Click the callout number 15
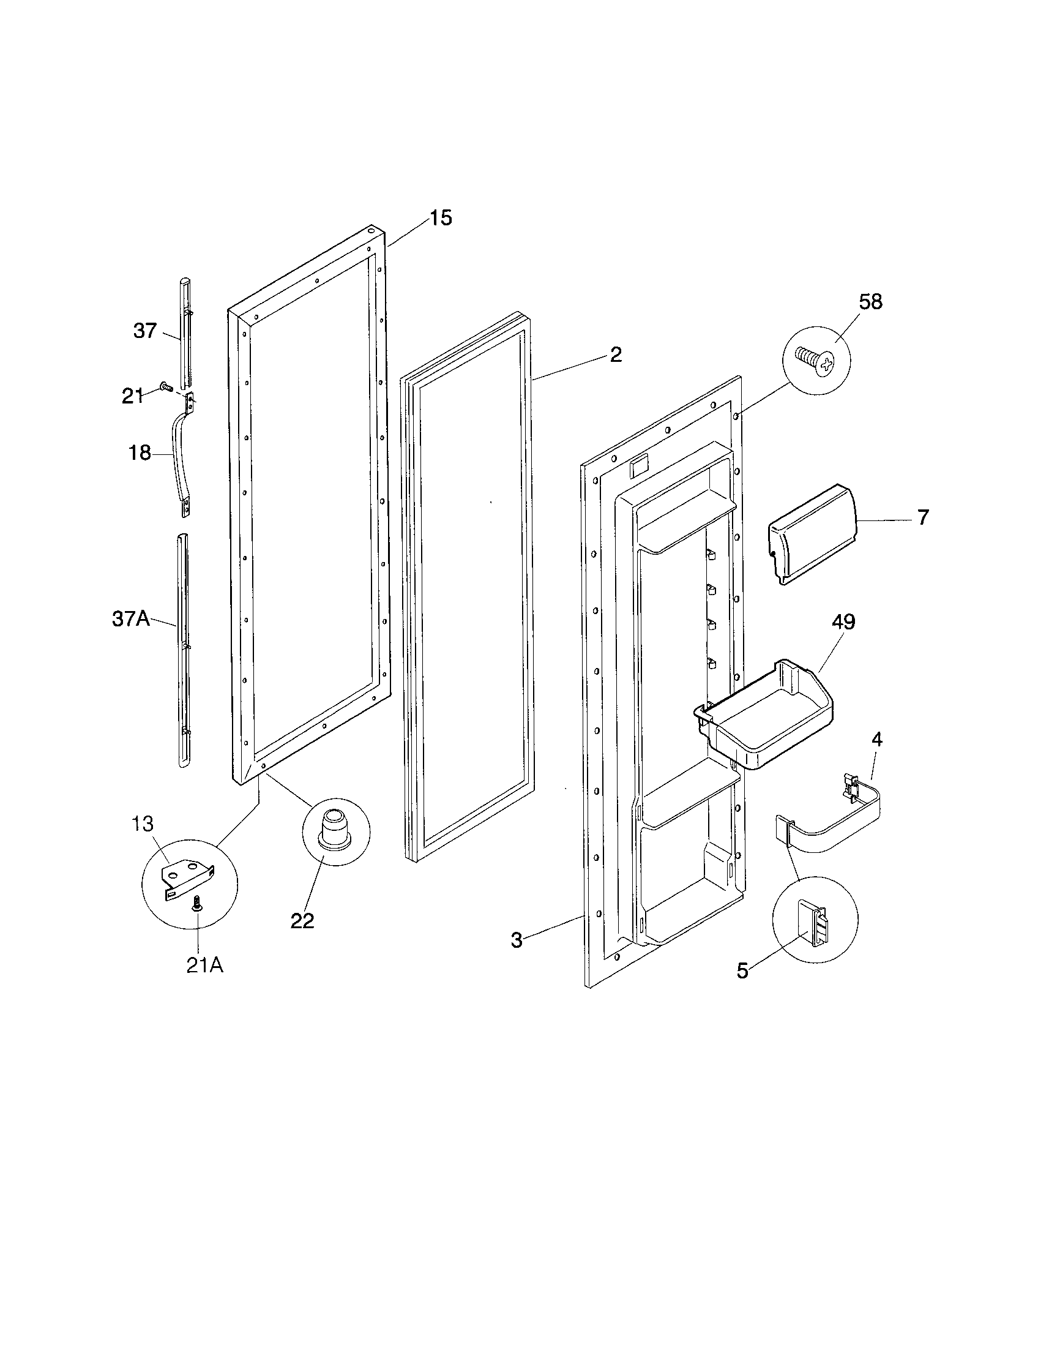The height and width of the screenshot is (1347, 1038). tap(441, 218)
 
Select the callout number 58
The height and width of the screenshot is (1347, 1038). tap(870, 302)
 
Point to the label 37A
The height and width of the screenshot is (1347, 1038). tap(131, 618)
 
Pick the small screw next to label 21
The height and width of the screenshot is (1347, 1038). tap(165, 386)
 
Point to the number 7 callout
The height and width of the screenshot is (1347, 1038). tap(922, 517)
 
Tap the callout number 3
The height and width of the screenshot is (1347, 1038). tap(517, 940)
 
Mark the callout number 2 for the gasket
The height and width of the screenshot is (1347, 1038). tap(616, 354)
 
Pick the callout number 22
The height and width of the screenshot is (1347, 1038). tap(302, 938)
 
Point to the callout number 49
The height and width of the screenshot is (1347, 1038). tap(843, 621)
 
